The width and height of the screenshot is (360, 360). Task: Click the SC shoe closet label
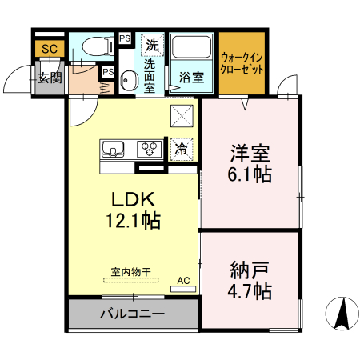(50, 49)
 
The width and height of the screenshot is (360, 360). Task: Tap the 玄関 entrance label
(49, 78)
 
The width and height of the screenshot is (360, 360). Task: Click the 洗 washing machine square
(151, 45)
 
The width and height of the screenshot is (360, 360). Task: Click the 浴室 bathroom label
(190, 78)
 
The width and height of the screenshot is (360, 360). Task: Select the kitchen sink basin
(112, 148)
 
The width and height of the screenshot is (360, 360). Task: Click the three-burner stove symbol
(149, 147)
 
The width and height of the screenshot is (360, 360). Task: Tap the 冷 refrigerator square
(182, 148)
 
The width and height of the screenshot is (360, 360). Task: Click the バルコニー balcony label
(132, 314)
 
